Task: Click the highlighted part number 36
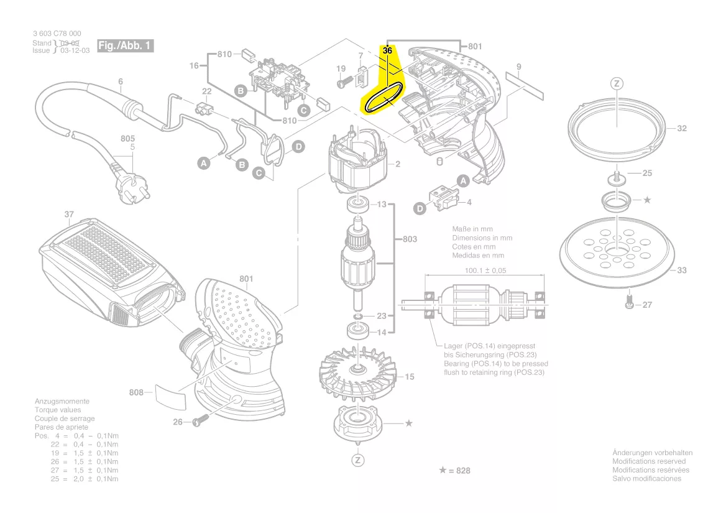[387, 50]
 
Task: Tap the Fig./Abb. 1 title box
[125, 46]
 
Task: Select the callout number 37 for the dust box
[69, 215]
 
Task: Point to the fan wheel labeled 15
[357, 371]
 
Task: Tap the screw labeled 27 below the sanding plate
[628, 304]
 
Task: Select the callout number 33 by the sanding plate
[681, 270]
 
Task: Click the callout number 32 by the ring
[681, 129]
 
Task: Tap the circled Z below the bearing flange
[357, 460]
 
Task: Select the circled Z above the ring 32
[616, 83]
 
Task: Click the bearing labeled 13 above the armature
[357, 203]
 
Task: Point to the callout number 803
[410, 239]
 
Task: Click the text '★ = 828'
[454, 471]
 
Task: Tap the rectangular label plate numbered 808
[170, 395]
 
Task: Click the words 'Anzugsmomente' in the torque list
[62, 402]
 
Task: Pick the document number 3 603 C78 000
[57, 34]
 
